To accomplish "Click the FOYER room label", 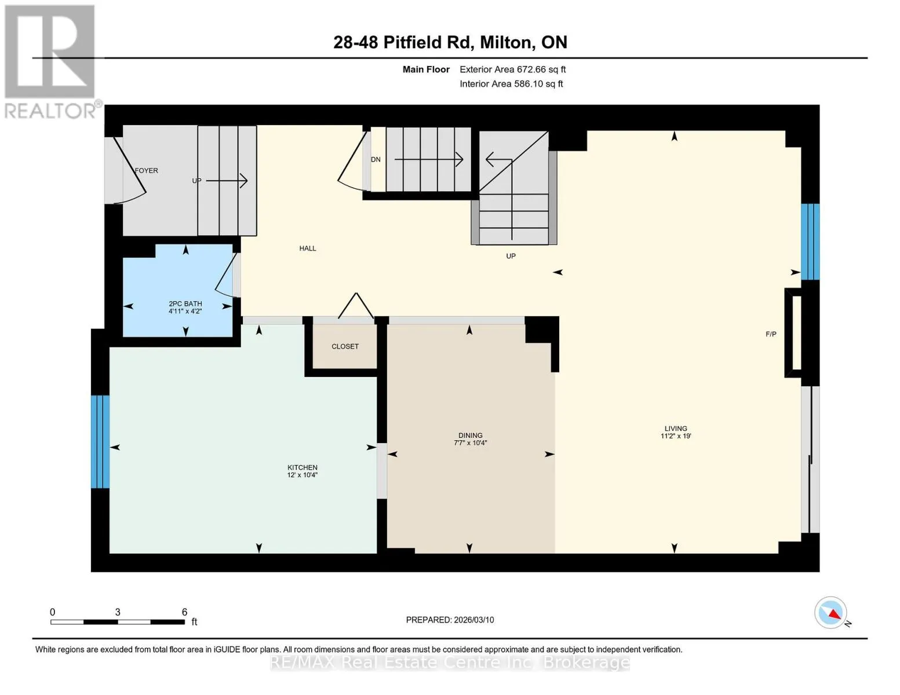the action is (x=146, y=170).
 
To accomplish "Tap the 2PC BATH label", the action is (x=185, y=304).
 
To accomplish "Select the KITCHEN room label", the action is (x=303, y=467).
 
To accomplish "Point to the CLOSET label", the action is (x=345, y=346).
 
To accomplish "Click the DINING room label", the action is (x=471, y=436).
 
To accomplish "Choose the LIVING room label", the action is (x=676, y=429).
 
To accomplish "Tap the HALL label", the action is (x=308, y=248).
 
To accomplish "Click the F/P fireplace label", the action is (x=771, y=334).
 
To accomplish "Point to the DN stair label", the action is (x=376, y=159).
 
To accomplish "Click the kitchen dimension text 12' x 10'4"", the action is (x=303, y=475).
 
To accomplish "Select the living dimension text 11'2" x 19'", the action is (x=676, y=436).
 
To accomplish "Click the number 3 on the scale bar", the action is (x=118, y=612).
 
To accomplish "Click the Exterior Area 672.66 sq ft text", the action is (x=513, y=69).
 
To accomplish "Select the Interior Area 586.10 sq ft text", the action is (x=512, y=84).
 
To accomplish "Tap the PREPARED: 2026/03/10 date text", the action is (x=450, y=620).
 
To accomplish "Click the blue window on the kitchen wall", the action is (x=100, y=442).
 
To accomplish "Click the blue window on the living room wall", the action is (x=810, y=242).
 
